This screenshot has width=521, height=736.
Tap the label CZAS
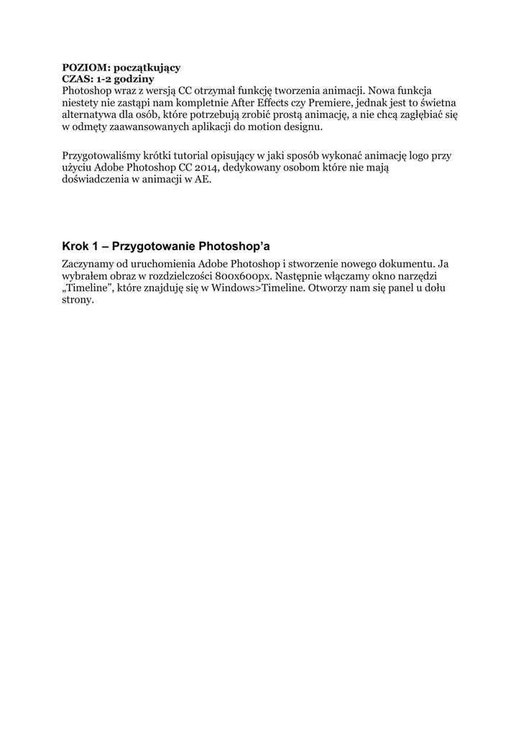77,78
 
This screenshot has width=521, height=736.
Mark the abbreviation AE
203,179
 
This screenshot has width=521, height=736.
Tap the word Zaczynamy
88,264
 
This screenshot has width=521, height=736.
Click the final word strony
78,300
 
